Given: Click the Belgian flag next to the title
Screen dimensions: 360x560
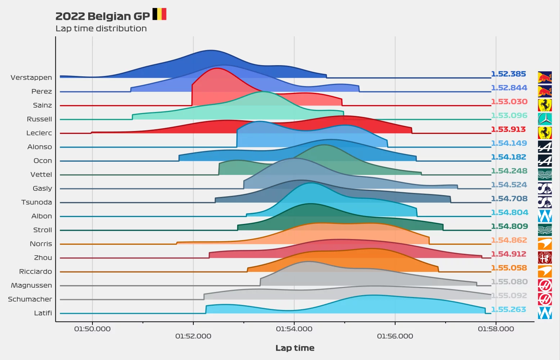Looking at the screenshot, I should [x=159, y=14].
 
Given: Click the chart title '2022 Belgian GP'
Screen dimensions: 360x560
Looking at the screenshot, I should [x=103, y=16].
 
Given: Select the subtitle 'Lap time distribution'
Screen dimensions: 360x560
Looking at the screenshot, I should [x=101, y=28].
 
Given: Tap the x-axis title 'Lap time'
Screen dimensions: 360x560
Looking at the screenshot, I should [x=295, y=348].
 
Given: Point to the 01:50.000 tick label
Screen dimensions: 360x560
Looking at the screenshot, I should [x=92, y=329].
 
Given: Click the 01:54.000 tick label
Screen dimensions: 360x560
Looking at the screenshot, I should [x=294, y=329].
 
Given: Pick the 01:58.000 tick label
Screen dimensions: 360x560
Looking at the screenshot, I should [x=496, y=329].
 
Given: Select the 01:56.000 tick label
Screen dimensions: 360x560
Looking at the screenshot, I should [x=395, y=336].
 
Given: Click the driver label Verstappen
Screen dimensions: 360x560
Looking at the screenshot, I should [x=31, y=77].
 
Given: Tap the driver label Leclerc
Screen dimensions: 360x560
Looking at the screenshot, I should [x=39, y=133].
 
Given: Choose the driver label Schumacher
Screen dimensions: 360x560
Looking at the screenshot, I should [x=30, y=299].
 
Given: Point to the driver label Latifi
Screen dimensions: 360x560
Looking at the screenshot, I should [x=43, y=313].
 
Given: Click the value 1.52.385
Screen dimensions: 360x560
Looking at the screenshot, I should [x=508, y=74].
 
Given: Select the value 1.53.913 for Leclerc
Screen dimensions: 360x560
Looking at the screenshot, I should [x=508, y=129].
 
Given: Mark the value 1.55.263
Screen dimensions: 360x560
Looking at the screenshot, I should [x=508, y=309].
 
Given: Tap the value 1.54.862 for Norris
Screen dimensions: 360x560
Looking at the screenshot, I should [x=509, y=240].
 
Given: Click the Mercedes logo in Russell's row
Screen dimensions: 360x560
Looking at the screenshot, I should [x=545, y=119].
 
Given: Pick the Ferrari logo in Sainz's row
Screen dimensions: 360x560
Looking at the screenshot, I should [x=545, y=105].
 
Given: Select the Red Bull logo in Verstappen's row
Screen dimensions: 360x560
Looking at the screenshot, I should [x=545, y=77].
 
